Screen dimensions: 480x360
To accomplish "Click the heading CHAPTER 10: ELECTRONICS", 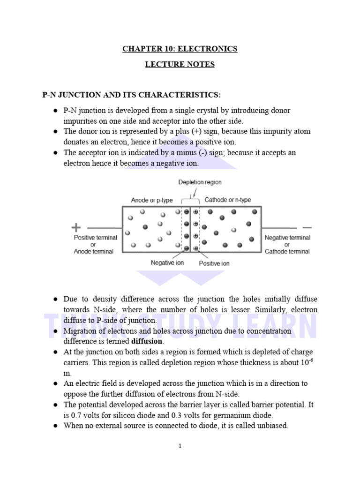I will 180,49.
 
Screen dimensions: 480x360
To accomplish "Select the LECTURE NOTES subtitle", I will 180,65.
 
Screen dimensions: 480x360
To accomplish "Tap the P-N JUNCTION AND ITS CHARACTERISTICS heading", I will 131,95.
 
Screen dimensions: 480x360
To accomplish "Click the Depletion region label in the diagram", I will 200,182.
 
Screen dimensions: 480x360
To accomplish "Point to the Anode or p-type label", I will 152,200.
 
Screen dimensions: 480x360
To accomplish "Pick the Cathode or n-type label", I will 228,200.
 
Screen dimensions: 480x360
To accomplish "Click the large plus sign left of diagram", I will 76,228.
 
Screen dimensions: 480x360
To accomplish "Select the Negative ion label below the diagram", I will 167,263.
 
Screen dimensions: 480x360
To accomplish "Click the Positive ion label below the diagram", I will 214,263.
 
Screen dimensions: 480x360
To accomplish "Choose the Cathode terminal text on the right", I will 287,251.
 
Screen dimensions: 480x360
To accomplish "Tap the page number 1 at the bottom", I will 180,446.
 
